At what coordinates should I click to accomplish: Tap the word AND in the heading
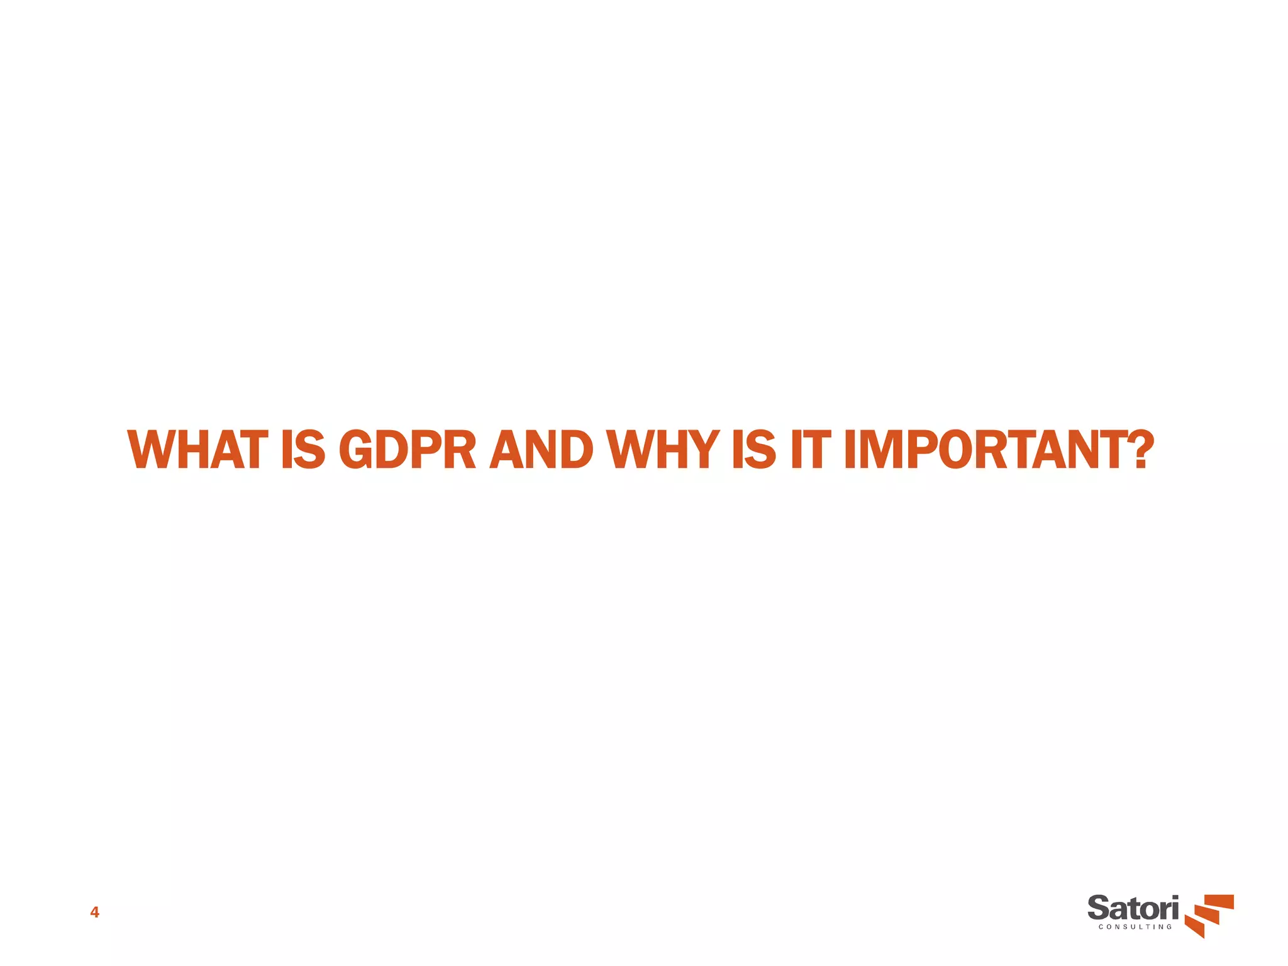point(541,450)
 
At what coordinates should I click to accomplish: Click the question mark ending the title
point(1140,450)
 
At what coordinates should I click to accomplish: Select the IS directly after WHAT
point(303,450)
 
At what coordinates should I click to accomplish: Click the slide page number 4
point(94,913)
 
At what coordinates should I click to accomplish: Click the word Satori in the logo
point(1133,909)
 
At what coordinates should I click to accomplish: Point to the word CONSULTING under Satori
point(1135,927)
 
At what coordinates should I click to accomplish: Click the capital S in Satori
point(1099,909)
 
